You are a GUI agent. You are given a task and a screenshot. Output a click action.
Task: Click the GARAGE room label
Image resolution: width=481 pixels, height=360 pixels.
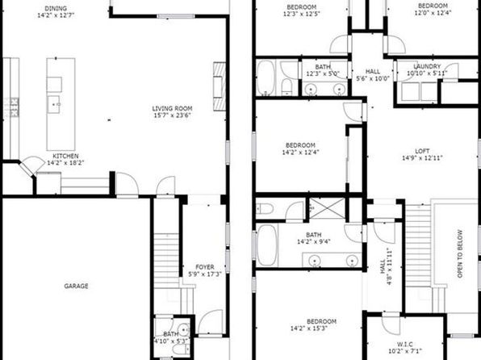click(76, 286)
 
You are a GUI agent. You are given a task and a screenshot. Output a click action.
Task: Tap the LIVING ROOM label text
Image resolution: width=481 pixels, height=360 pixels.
click(172, 109)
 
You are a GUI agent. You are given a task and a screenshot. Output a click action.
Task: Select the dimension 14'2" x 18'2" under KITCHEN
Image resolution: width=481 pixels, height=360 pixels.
click(65, 163)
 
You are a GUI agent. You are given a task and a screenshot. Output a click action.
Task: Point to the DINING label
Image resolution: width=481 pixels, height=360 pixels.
click(56, 9)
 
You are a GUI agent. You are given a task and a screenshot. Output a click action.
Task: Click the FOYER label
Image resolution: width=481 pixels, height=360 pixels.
click(205, 267)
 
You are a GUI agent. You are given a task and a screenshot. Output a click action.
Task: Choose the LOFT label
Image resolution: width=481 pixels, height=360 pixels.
click(422, 151)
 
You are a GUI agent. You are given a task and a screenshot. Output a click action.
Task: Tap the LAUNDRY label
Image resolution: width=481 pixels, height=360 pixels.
click(427, 67)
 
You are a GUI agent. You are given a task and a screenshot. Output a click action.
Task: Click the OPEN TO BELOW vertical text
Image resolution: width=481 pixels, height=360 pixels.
click(460, 253)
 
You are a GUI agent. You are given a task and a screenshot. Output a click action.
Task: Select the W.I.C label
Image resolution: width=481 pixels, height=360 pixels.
click(405, 345)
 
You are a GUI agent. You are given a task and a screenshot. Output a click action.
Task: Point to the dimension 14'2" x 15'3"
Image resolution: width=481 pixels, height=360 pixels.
click(309, 329)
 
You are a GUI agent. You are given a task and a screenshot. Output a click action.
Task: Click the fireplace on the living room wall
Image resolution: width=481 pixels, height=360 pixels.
click(220, 86)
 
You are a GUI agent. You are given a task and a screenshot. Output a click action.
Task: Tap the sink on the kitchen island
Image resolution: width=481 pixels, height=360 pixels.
click(54, 105)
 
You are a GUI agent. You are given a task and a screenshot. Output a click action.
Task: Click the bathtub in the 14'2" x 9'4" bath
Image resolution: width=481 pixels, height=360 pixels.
click(266, 245)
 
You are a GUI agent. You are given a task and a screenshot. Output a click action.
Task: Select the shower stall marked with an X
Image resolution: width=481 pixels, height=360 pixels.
click(327, 208)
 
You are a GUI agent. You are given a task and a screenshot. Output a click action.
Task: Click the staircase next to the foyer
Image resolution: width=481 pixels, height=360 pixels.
click(166, 260)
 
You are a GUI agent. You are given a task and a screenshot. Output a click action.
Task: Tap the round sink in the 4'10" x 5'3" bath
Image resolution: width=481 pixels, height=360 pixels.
click(184, 330)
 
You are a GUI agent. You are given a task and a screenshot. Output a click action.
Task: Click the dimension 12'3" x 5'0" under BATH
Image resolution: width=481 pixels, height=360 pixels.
click(323, 73)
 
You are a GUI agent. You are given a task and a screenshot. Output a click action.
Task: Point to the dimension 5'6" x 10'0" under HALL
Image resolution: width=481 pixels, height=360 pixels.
click(373, 78)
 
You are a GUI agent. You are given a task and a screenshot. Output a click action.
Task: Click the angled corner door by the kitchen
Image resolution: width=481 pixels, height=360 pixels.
click(31, 166)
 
